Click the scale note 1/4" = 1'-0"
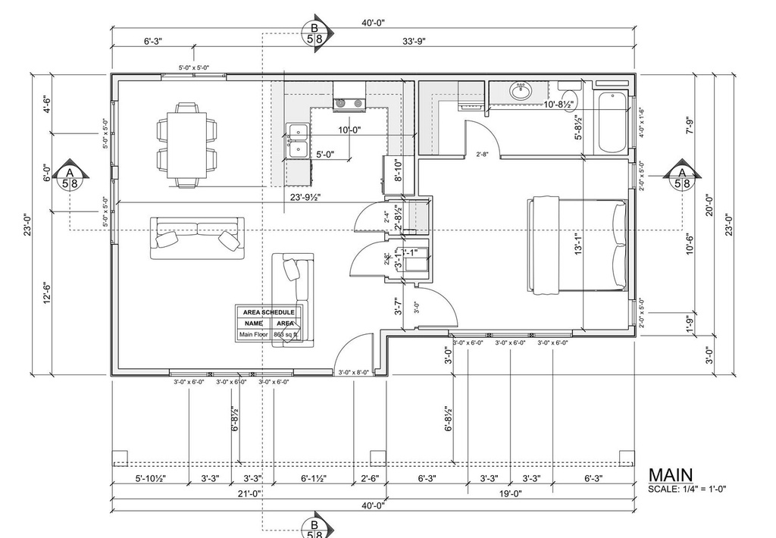click(x=687, y=489)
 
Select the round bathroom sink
click(x=521, y=92)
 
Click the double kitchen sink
click(x=297, y=140)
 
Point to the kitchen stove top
click(x=349, y=102)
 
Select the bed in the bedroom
click(x=577, y=244)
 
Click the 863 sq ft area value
click(x=285, y=334)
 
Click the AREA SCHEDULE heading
click(x=268, y=312)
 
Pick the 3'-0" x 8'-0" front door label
click(x=355, y=372)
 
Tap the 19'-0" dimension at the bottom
click(x=509, y=493)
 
